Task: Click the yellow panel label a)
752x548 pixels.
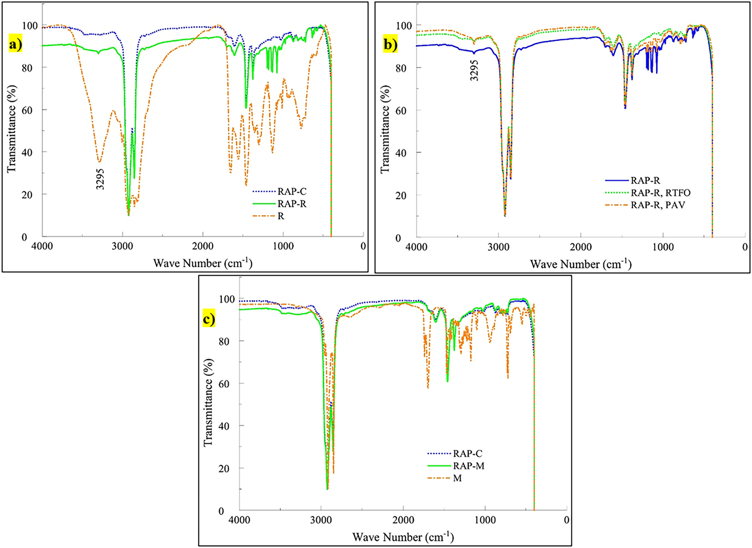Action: pyautogui.click(x=15, y=45)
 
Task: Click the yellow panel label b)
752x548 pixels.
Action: pyautogui.click(x=390, y=45)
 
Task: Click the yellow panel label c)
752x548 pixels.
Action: pyautogui.click(x=209, y=320)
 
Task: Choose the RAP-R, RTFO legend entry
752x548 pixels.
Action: pyautogui.click(x=660, y=193)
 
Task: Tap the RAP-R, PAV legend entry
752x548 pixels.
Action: pyautogui.click(x=658, y=205)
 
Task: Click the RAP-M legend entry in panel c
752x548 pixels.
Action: pyautogui.click(x=468, y=466)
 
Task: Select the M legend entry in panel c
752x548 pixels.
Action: pyautogui.click(x=457, y=478)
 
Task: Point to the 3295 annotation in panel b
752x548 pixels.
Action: pyautogui.click(x=474, y=70)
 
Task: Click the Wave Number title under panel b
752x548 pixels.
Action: pyautogui.click(x=580, y=263)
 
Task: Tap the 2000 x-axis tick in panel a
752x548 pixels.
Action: pyautogui.click(x=203, y=246)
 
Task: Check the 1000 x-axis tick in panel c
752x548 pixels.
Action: pyautogui.click(x=485, y=520)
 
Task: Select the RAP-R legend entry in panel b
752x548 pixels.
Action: pyautogui.click(x=645, y=181)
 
